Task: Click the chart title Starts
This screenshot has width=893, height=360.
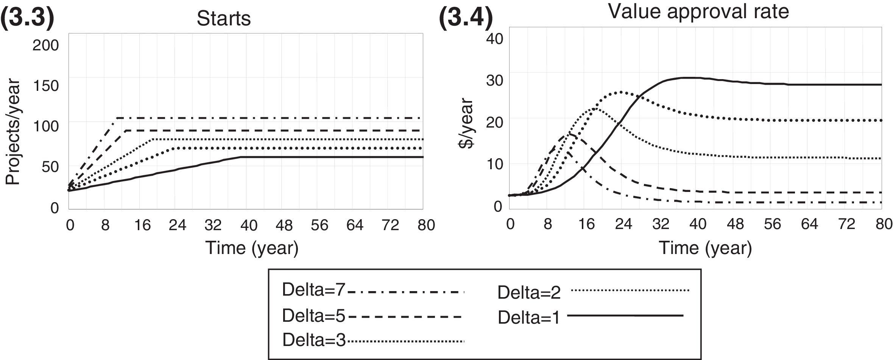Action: [223, 18]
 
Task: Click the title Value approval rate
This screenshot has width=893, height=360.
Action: [698, 11]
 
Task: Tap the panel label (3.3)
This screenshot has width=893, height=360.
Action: [27, 18]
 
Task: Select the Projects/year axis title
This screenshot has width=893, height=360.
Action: [12, 132]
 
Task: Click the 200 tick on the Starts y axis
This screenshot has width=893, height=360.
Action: [46, 45]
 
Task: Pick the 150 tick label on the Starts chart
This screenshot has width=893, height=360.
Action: [46, 86]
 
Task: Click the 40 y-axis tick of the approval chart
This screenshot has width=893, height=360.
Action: [494, 39]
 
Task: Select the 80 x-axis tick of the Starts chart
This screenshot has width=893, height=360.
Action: [426, 225]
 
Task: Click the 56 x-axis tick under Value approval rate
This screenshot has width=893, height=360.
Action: [772, 224]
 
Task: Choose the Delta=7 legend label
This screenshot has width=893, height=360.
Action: [313, 290]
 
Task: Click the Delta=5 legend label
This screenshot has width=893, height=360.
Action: [313, 316]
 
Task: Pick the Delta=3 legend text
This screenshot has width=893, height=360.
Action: [313, 340]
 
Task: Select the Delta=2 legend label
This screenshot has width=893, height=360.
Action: [529, 293]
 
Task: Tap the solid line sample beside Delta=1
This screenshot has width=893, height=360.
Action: [625, 315]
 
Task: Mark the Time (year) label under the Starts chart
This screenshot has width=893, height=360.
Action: [252, 248]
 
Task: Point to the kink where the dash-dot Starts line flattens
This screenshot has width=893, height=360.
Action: [117, 118]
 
